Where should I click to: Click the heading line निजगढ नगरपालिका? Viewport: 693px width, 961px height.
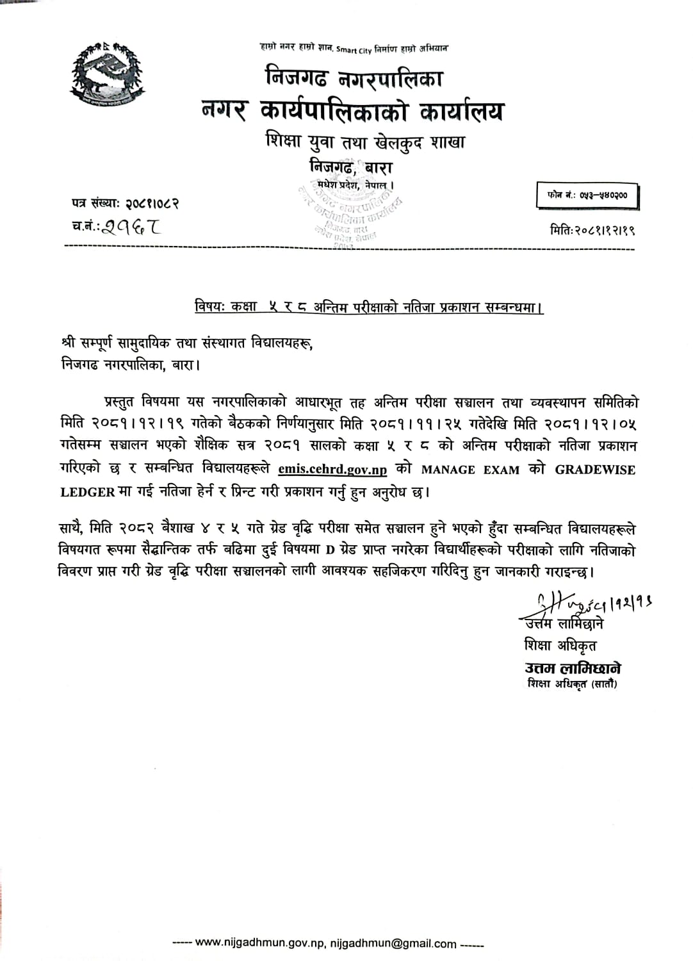tap(354, 79)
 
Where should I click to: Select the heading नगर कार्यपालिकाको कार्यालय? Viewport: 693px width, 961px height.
tap(351, 111)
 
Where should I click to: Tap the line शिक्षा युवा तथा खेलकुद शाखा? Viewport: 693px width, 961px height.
tap(365, 141)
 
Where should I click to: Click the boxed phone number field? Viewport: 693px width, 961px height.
tap(588, 195)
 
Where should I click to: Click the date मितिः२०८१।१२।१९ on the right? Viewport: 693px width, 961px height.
tap(592, 229)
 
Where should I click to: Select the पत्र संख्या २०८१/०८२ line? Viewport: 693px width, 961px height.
tap(125, 204)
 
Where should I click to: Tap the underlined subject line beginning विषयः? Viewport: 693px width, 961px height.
tap(369, 308)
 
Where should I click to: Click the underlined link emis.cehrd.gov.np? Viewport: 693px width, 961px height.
tap(332, 470)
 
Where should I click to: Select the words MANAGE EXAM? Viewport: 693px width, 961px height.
tap(470, 470)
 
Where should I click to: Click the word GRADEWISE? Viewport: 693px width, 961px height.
tap(595, 470)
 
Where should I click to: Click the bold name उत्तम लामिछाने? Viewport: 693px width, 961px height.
tap(573, 668)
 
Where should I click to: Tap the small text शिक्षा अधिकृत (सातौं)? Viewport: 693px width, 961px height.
tap(573, 684)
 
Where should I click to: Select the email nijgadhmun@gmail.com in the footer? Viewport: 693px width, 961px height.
tap(393, 943)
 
